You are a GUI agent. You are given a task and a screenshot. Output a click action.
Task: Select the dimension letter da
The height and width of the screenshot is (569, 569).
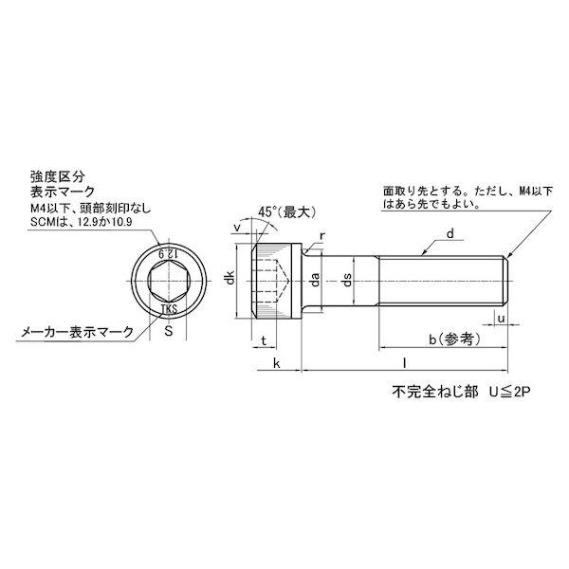(313, 279)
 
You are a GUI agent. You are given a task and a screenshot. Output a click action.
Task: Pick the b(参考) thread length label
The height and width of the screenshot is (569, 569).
(453, 338)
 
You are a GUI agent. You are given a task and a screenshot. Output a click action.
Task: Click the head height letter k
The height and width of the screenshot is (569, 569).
(275, 363)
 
